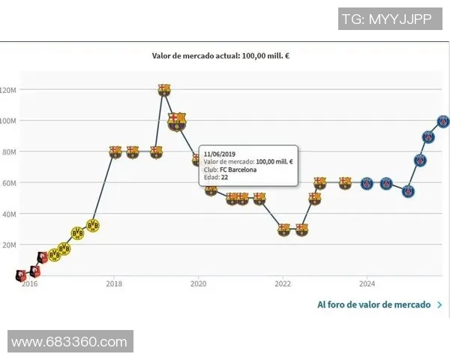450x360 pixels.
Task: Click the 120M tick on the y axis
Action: (x=7, y=90)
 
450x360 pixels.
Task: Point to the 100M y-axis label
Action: (x=7, y=121)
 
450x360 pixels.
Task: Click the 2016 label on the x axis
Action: (x=29, y=283)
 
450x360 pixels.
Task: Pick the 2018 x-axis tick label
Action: (x=114, y=283)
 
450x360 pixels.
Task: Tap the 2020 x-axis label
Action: (x=198, y=283)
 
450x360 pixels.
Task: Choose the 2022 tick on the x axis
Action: (x=283, y=283)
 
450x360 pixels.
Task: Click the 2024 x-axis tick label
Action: (x=367, y=283)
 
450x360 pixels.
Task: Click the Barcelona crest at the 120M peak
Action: (x=164, y=90)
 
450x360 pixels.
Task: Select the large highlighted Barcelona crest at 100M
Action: (x=176, y=121)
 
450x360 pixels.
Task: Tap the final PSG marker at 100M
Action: (x=443, y=121)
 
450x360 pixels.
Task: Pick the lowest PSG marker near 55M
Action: (x=408, y=191)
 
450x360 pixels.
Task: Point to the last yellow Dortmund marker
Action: (x=93, y=225)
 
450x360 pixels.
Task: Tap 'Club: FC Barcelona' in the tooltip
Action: (x=229, y=169)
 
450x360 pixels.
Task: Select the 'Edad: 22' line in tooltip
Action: (x=215, y=178)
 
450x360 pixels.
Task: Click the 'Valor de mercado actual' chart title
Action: (x=221, y=55)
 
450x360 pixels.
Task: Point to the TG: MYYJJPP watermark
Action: (x=386, y=19)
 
